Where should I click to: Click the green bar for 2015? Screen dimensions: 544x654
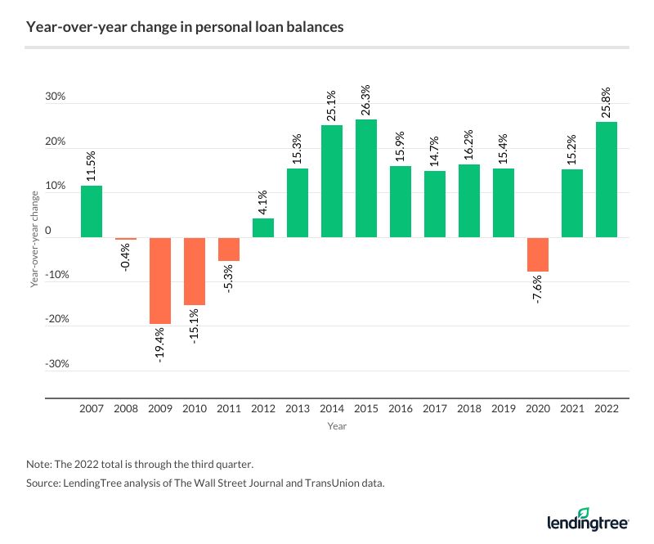pos(366,178)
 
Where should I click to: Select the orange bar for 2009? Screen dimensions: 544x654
pos(160,281)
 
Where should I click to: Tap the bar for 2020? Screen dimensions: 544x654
pos(538,254)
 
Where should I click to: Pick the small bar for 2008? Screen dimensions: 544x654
pos(126,239)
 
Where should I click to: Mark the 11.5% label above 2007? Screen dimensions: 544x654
pos(92,162)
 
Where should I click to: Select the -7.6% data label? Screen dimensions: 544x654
pos(538,293)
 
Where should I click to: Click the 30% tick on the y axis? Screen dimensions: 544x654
pos(55,97)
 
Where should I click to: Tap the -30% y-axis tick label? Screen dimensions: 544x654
pos(53,364)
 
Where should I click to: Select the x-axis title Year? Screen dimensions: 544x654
pos(337,426)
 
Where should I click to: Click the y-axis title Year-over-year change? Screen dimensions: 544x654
pos(34,238)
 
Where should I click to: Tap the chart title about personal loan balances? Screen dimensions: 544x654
pos(185,27)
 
